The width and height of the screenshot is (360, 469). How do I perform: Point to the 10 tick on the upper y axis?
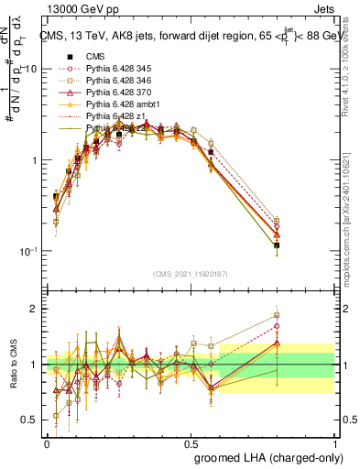pos(30,70)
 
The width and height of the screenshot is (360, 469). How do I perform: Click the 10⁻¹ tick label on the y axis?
pos(28,251)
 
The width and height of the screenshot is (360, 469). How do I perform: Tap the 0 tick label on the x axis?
pos(47,442)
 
